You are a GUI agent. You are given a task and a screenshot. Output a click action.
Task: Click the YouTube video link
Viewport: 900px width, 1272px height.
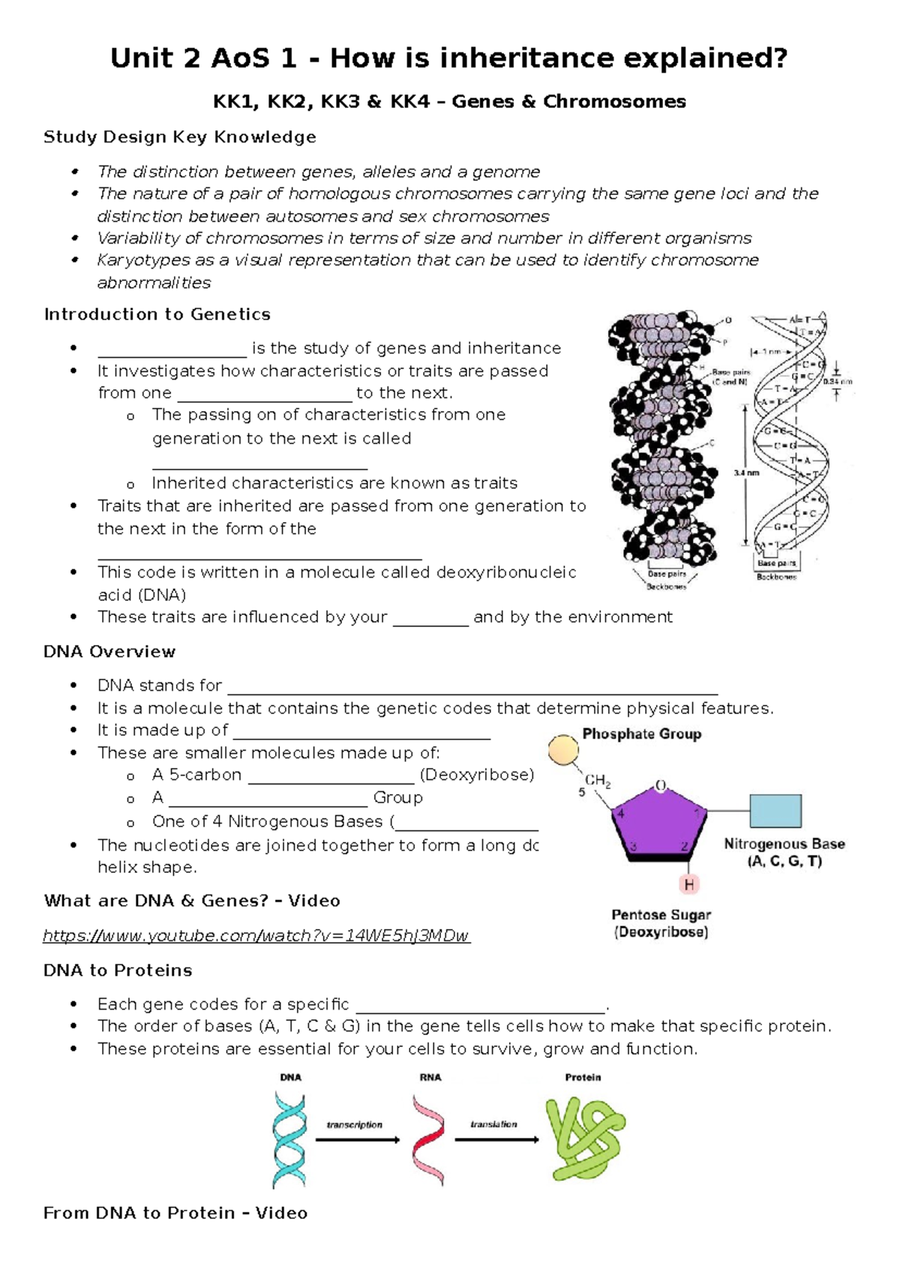point(256,935)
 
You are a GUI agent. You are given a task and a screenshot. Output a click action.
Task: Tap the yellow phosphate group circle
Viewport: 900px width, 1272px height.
point(562,750)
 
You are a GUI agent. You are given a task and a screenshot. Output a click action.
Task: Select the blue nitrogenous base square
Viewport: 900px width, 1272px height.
point(775,811)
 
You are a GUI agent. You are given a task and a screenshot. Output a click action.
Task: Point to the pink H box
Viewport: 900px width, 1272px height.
point(689,885)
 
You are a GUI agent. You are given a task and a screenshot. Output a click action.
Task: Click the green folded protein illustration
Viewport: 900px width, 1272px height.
point(585,1138)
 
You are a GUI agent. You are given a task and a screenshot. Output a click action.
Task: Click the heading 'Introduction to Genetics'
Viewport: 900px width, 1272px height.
point(157,314)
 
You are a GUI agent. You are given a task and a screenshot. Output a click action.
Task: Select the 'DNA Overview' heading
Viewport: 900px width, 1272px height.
point(109,651)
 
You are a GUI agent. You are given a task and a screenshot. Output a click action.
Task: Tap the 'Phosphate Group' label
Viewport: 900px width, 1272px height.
point(642,733)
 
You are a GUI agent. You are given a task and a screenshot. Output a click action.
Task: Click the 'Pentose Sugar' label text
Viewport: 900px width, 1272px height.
point(661,914)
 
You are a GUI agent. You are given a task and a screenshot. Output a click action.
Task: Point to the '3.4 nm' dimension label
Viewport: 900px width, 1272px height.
point(745,472)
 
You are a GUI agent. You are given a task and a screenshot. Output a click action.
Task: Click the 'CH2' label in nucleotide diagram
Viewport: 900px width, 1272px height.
point(598,781)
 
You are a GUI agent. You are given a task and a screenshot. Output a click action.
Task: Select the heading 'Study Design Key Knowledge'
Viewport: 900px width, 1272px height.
point(179,136)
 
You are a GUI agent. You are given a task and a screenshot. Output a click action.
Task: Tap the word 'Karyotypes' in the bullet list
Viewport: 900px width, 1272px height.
point(134,259)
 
